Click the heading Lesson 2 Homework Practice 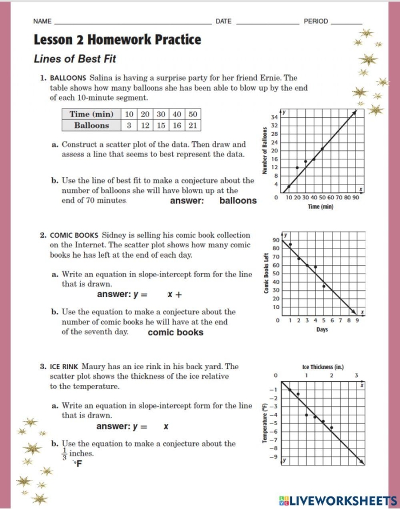click(x=117, y=39)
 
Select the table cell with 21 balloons click(x=193, y=125)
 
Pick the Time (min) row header click(x=91, y=114)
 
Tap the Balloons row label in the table click(x=91, y=125)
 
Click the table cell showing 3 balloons click(x=130, y=125)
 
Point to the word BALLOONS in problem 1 click(x=68, y=78)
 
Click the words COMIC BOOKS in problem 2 click(x=75, y=235)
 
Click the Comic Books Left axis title click(x=266, y=274)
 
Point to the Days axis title click(x=322, y=329)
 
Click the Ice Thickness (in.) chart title click(x=322, y=367)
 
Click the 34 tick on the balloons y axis click(x=274, y=117)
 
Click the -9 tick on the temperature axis click(x=273, y=457)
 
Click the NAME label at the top click(x=42, y=21)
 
